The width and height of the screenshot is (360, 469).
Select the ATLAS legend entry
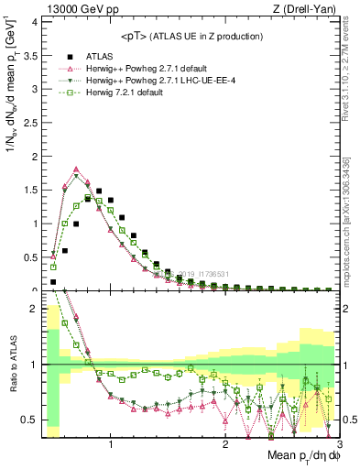click(101, 56)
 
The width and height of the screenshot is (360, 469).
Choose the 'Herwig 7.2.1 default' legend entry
click(123, 93)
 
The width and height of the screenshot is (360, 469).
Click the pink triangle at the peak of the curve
click(76, 169)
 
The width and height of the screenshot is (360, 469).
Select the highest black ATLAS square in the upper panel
click(99, 191)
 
